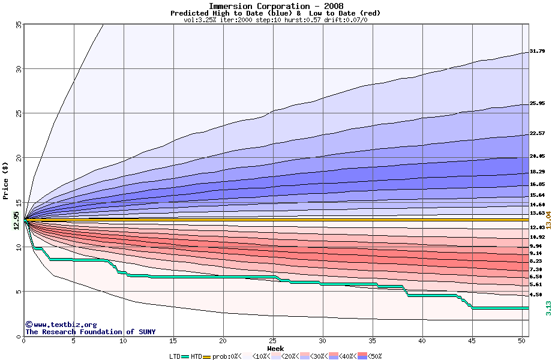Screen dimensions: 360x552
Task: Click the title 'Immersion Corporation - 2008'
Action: (276, 6)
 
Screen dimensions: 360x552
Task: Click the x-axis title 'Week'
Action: (275, 349)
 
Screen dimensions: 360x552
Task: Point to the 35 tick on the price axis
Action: (19, 25)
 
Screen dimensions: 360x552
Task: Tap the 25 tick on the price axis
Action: (19, 113)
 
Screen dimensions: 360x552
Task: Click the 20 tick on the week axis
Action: (223, 341)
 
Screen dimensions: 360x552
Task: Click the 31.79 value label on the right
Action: (537, 52)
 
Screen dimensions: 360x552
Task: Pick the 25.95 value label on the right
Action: (537, 104)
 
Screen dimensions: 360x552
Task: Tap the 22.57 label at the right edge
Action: (537, 133)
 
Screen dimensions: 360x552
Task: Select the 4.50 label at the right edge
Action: (536, 295)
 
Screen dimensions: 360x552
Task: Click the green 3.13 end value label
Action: (548, 308)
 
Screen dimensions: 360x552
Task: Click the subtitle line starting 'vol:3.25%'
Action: (275, 20)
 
